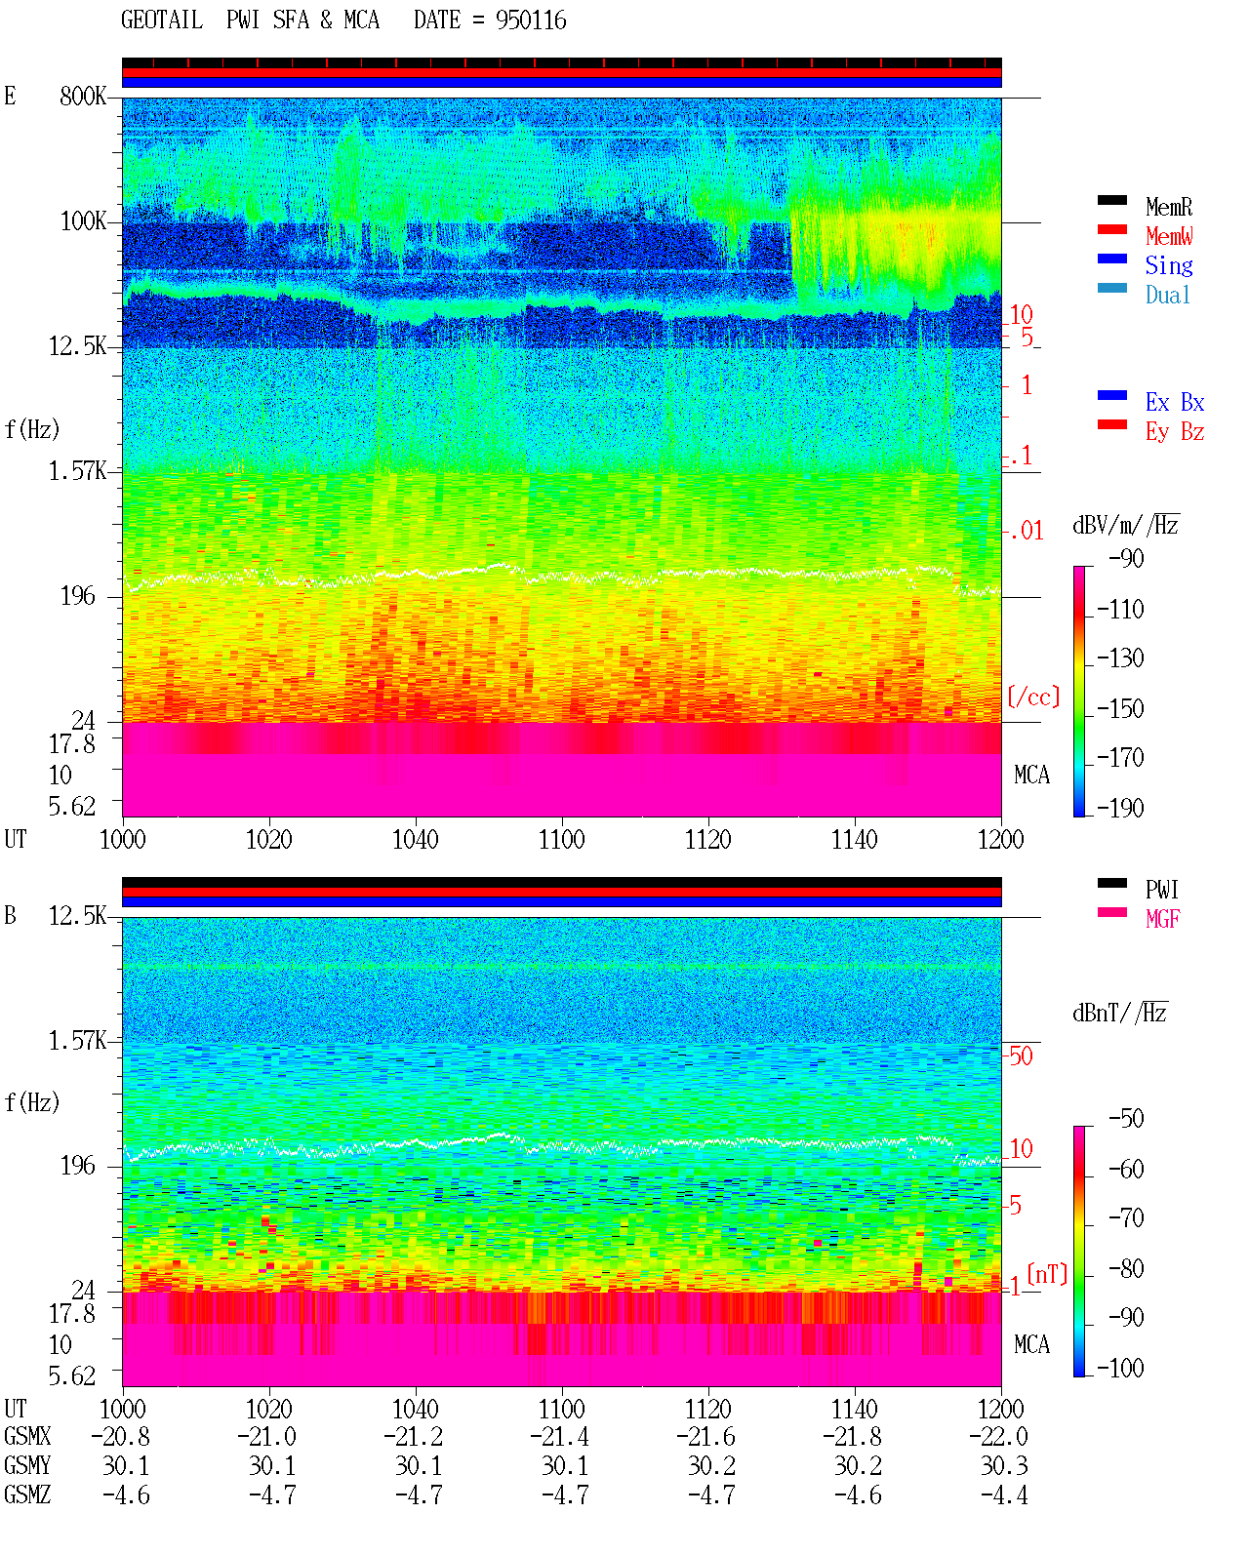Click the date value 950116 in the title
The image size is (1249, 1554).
click(531, 20)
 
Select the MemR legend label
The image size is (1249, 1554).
click(1169, 207)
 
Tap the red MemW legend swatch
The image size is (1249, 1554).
click(1111, 229)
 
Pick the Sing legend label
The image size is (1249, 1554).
click(1169, 265)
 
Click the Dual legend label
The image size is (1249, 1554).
click(1168, 295)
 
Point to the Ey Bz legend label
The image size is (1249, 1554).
click(1175, 432)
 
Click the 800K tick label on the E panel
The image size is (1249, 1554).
click(82, 96)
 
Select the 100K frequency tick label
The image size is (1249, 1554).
click(83, 221)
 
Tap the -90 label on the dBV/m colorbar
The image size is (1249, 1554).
click(1126, 558)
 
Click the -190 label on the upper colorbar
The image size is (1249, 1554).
click(1120, 808)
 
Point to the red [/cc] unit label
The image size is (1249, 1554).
click(1033, 697)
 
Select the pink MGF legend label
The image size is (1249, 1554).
click(1162, 919)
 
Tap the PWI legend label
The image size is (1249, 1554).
click(1162, 890)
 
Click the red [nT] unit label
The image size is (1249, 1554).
click(1047, 1273)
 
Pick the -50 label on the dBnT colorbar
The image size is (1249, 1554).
click(1126, 1119)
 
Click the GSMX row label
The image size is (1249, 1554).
click(27, 1436)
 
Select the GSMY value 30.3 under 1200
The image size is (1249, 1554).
click(1004, 1466)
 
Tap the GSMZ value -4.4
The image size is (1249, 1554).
click(1004, 1494)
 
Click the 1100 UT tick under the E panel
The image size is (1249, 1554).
click(561, 840)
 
